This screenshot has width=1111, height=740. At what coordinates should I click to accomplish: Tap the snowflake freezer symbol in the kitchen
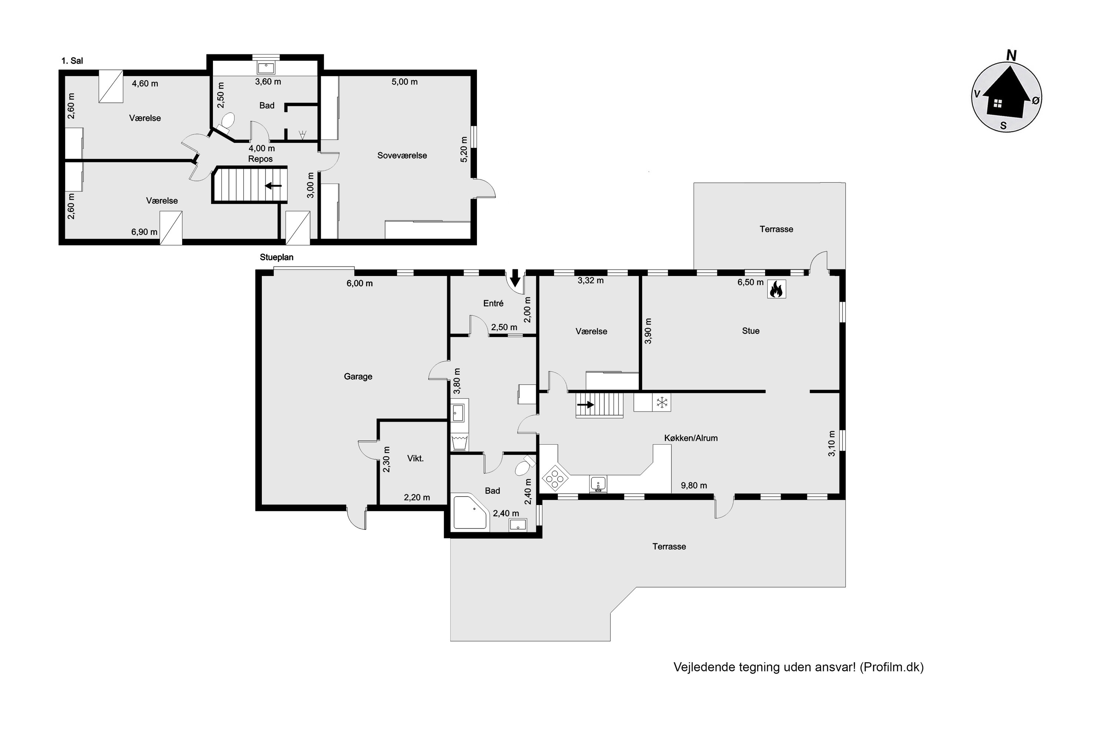pyautogui.click(x=662, y=403)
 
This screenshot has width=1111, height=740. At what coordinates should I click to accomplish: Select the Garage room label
pyautogui.click(x=358, y=377)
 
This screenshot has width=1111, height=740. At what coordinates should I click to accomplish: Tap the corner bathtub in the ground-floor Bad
pyautogui.click(x=470, y=512)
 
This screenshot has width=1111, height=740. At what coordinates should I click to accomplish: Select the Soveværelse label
pyautogui.click(x=402, y=156)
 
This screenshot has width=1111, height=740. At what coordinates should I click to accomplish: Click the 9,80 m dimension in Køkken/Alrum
pyautogui.click(x=694, y=485)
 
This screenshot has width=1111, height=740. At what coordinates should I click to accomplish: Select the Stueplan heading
pyautogui.click(x=276, y=257)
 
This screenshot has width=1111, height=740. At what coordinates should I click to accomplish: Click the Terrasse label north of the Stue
pyautogui.click(x=776, y=229)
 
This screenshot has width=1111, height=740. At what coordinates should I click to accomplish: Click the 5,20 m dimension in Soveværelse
pyautogui.click(x=464, y=149)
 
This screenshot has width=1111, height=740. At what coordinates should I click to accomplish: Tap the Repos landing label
pyautogui.click(x=260, y=159)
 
